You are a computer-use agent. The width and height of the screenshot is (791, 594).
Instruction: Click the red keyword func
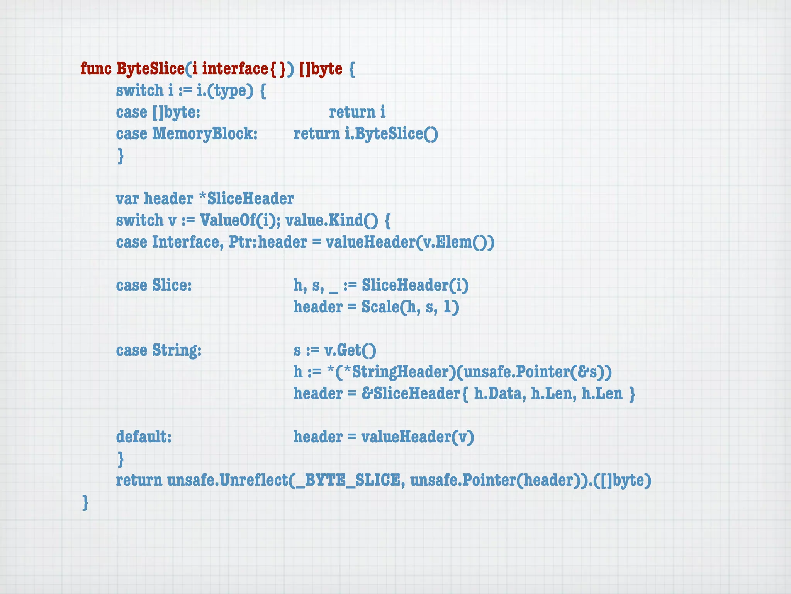[96, 69]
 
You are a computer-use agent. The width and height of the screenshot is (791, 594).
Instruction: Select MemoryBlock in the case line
[204, 134]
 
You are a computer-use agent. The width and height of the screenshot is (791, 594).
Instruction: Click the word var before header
[127, 199]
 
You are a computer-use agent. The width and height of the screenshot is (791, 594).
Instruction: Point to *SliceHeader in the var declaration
[246, 199]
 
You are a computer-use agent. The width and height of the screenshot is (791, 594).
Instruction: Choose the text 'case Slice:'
[154, 285]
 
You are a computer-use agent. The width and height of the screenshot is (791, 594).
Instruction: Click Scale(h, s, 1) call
[410, 307]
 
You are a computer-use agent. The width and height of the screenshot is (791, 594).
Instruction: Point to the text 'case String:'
[159, 350]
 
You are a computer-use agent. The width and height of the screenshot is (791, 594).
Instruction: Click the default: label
[144, 437]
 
